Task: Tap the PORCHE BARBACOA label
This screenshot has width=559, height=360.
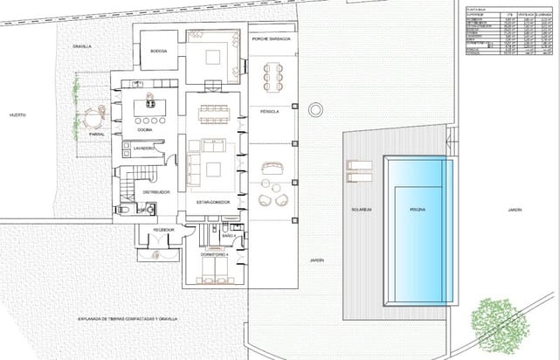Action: pyautogui.click(x=271, y=40)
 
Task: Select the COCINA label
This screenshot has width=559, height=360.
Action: pyautogui.click(x=145, y=130)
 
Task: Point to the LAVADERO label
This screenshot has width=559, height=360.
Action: pyautogui.click(x=145, y=149)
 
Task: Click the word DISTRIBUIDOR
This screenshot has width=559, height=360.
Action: pyautogui.click(x=155, y=190)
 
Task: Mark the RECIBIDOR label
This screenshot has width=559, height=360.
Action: pyautogui.click(x=163, y=230)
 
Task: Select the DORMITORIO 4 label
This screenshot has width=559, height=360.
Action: pyautogui.click(x=215, y=254)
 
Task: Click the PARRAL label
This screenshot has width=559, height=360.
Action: pyautogui.click(x=97, y=134)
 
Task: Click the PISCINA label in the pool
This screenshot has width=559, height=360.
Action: pyautogui.click(x=418, y=210)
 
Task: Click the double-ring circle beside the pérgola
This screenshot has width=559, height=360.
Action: pyautogui.click(x=314, y=108)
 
